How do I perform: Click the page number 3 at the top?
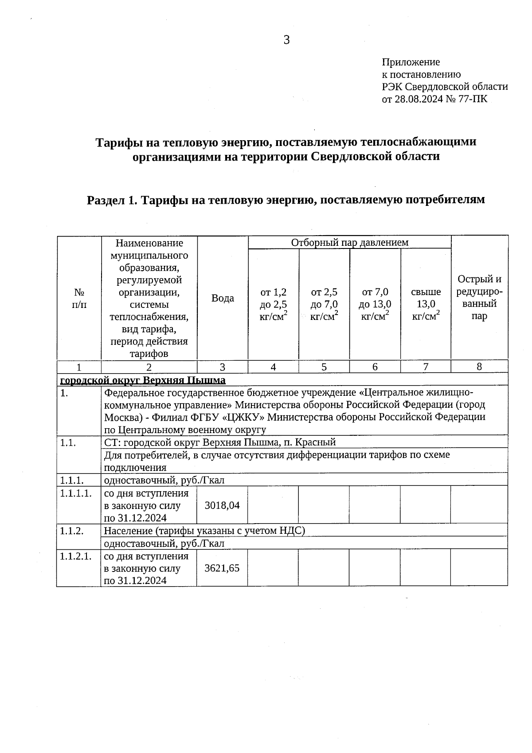click(x=286, y=40)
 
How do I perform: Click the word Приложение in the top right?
click(x=411, y=62)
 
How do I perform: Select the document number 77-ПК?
click(x=474, y=99)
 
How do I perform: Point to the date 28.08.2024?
click(x=419, y=99)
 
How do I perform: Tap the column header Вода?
click(x=223, y=298)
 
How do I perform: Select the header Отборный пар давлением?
click(x=349, y=242)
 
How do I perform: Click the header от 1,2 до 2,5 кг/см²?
click(x=273, y=304)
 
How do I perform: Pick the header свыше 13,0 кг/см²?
click(x=426, y=304)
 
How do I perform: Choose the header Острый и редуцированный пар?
click(x=479, y=298)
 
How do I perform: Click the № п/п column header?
click(x=79, y=298)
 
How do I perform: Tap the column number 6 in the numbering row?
click(x=375, y=367)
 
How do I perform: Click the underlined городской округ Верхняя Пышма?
click(x=143, y=380)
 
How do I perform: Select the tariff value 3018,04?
click(x=222, y=505)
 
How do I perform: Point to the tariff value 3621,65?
click(x=222, y=568)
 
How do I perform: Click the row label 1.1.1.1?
click(x=76, y=493)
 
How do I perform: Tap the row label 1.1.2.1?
click(x=76, y=556)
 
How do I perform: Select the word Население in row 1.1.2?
click(x=125, y=531)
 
